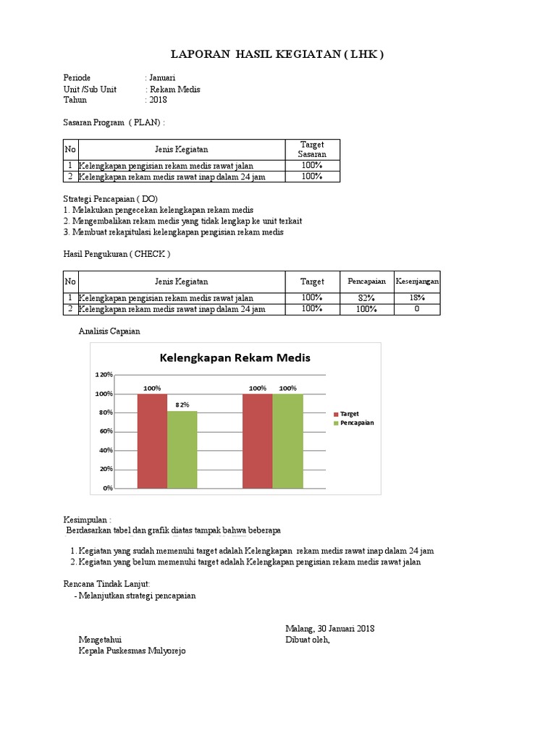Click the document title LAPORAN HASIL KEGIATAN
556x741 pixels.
click(x=277, y=54)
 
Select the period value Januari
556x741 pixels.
click(x=162, y=78)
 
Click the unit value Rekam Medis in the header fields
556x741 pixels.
click(x=174, y=90)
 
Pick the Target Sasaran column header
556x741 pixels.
click(x=312, y=150)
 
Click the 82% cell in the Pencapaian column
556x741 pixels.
click(x=366, y=298)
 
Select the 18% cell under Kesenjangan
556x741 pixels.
click(x=416, y=298)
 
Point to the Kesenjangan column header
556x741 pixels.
click(x=416, y=281)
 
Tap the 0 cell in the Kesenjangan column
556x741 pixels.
click(x=416, y=309)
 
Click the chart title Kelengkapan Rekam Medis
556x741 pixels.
click(x=235, y=358)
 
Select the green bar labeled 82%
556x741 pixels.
click(x=182, y=449)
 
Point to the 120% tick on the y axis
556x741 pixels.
click(x=104, y=375)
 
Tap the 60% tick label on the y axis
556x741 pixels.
click(x=106, y=431)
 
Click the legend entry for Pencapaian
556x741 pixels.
click(x=356, y=423)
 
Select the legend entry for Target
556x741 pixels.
click(x=351, y=413)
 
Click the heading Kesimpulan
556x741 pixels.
click(x=88, y=520)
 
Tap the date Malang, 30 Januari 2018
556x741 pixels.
click(x=329, y=629)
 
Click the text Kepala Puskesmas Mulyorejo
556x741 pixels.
click(x=132, y=651)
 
